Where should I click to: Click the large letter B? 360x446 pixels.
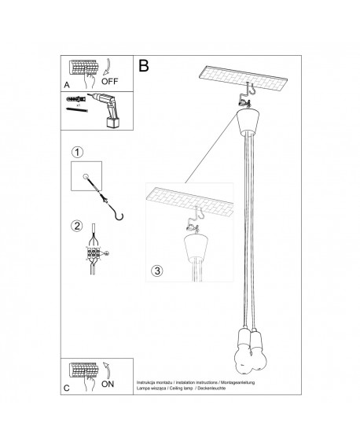[144, 67]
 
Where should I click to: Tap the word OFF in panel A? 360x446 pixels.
[111, 79]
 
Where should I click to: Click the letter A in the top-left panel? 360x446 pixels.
[67, 82]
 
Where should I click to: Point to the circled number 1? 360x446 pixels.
[77, 151]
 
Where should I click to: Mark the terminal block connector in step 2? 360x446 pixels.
[95, 255]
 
